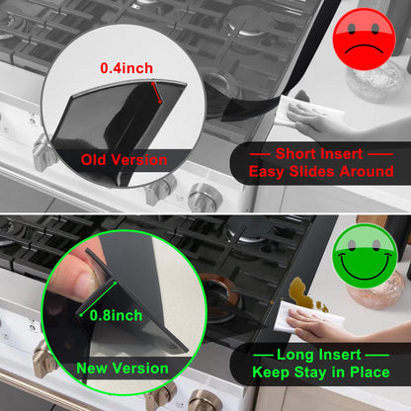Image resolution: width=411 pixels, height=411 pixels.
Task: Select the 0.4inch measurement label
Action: click(125, 68)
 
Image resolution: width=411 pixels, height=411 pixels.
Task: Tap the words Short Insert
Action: click(320, 153)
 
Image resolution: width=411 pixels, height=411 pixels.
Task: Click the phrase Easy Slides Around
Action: click(320, 171)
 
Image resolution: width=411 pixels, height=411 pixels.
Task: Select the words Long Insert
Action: click(320, 355)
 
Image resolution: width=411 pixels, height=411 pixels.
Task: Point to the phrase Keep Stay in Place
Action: click(320, 372)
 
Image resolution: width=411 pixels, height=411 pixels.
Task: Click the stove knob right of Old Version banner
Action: click(204, 196)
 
